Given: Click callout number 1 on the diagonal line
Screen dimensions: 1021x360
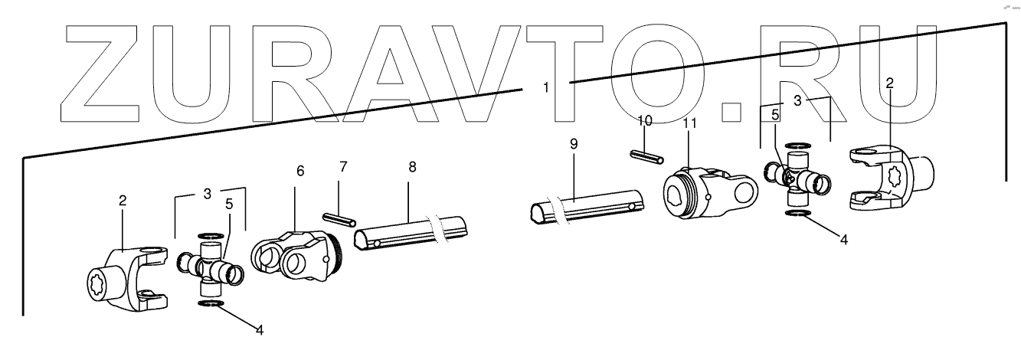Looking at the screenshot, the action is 545,88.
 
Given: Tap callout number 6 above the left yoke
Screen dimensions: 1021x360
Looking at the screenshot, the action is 299,170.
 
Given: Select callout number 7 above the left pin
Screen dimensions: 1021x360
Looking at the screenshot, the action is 343,167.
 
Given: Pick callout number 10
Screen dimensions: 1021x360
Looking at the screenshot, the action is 645,120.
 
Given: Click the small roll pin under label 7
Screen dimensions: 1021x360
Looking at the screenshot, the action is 337,219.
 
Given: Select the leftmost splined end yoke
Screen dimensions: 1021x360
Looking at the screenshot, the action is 126,277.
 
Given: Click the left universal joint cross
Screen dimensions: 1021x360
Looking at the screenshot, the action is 210,267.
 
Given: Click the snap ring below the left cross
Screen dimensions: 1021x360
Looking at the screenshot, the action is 211,305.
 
